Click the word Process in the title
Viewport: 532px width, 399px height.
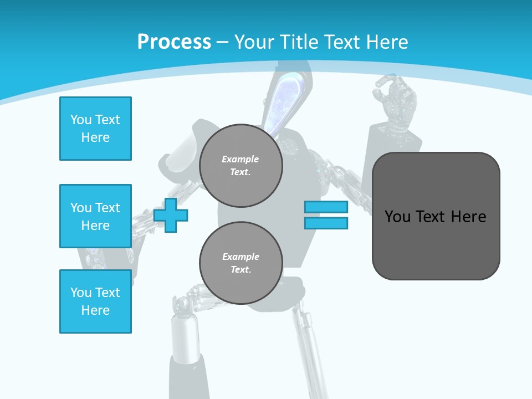(174, 42)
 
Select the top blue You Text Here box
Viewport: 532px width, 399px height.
(95, 129)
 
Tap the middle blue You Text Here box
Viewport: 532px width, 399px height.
(95, 216)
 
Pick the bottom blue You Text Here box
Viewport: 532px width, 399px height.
(95, 301)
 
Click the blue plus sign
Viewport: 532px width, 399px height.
(171, 215)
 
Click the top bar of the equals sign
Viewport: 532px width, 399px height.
(326, 207)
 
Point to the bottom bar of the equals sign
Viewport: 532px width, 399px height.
(326, 223)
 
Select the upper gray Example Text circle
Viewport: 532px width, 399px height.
(241, 165)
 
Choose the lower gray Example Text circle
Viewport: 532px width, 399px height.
(241, 263)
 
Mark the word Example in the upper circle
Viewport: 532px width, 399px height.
(240, 159)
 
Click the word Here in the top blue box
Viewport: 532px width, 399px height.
(95, 137)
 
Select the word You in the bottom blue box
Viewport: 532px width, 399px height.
(80, 293)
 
